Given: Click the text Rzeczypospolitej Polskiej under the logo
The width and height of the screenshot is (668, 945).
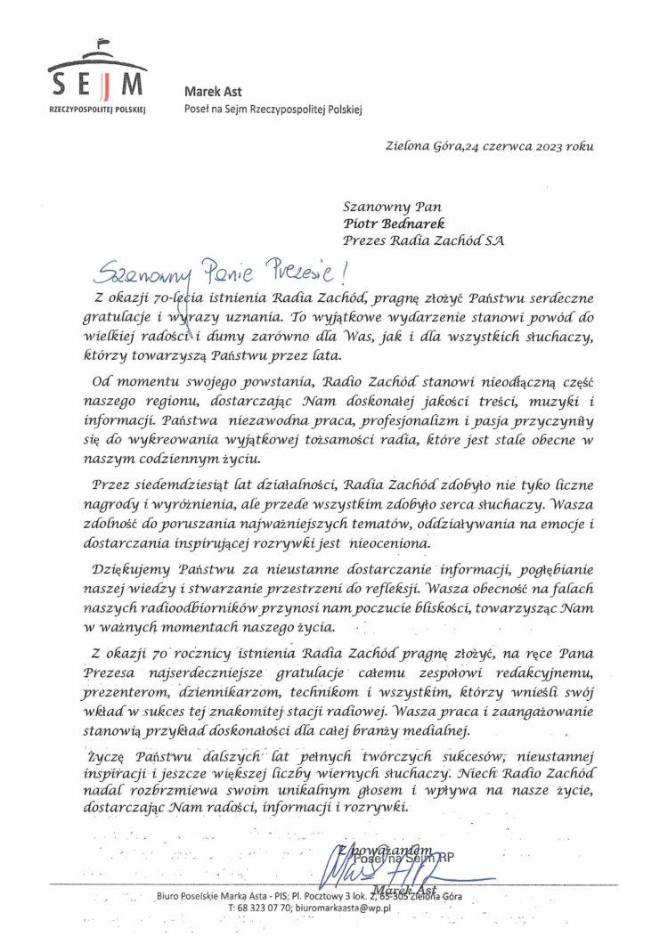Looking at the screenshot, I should [98, 108].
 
